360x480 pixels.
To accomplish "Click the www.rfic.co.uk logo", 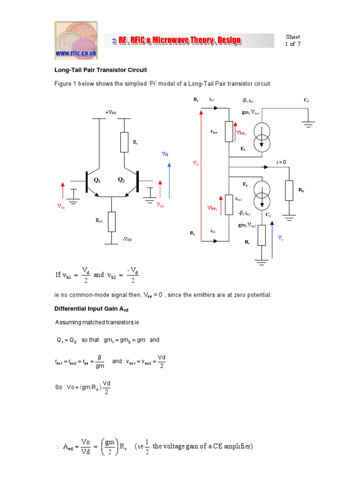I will (x=76, y=40).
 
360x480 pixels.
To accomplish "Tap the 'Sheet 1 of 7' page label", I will (x=293, y=41).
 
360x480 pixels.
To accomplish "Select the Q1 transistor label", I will (x=97, y=180).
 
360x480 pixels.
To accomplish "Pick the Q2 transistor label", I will (x=121, y=180).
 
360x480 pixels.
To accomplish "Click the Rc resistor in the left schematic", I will (x=124, y=142).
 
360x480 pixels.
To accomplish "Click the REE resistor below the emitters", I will (x=112, y=222).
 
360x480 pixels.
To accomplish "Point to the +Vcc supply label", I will (x=111, y=112).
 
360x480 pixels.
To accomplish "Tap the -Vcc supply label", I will (x=127, y=240).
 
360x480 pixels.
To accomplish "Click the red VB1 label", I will (x=61, y=206).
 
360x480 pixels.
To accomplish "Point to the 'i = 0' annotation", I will (x=281, y=162).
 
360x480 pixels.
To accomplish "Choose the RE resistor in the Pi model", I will (x=289, y=190).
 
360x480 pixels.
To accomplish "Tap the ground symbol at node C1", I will (x=308, y=124).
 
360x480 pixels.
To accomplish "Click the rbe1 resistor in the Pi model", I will (x=229, y=132).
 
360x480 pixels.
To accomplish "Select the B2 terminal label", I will (x=192, y=232).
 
